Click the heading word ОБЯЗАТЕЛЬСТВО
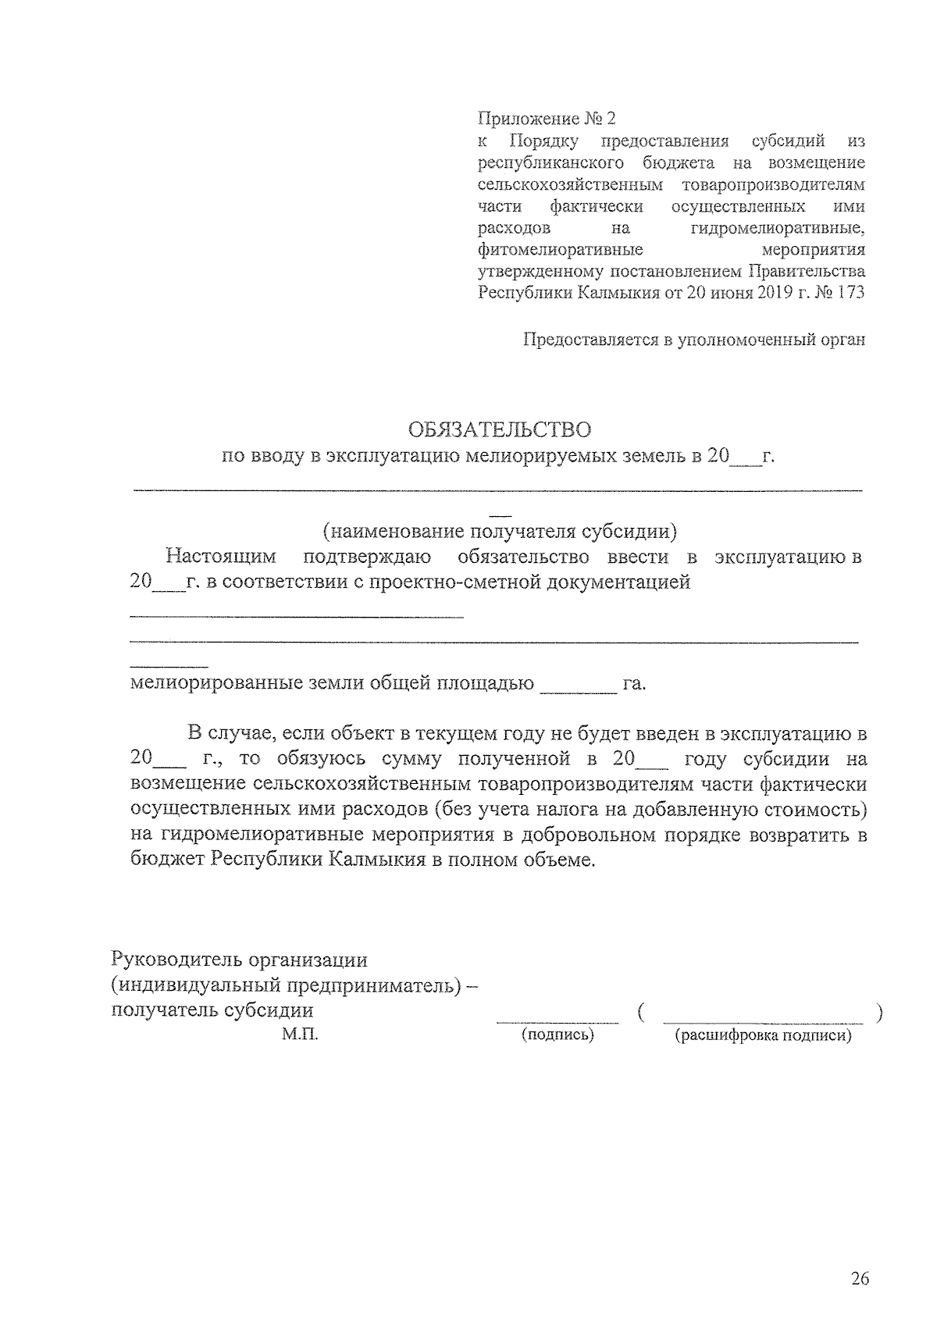click(500, 429)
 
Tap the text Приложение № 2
click(546, 119)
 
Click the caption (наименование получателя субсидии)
click(500, 532)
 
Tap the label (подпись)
click(557, 1036)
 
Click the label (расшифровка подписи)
click(762, 1036)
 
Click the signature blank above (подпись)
click(557, 1018)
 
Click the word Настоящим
click(221, 557)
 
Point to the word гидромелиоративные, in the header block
click(778, 229)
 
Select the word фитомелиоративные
click(560, 251)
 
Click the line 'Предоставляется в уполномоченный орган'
click(694, 340)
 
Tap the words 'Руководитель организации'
click(239, 959)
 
